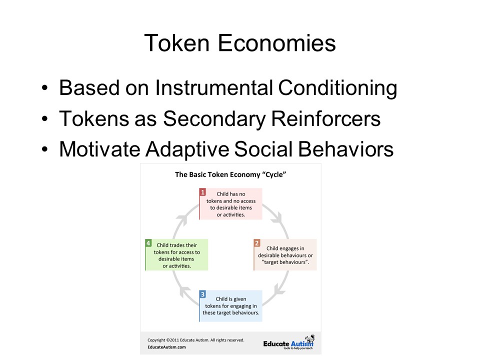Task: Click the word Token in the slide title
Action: (x=176, y=43)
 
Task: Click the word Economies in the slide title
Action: (x=276, y=43)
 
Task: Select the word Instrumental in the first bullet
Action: (x=213, y=88)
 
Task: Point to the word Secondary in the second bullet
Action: (x=214, y=119)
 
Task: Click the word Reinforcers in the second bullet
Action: (x=325, y=118)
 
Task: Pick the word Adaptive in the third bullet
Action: (x=187, y=150)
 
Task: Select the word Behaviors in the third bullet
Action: (x=345, y=149)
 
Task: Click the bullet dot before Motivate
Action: (x=45, y=149)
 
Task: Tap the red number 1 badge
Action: (x=202, y=192)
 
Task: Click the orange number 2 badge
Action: (x=257, y=243)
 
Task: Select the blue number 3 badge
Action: (x=202, y=294)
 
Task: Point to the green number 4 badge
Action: (x=148, y=243)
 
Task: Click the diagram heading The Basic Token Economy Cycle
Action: (x=230, y=174)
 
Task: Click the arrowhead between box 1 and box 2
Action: (x=277, y=217)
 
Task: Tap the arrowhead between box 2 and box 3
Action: (x=279, y=290)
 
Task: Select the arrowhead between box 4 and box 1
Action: (x=182, y=219)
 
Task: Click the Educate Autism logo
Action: (x=288, y=343)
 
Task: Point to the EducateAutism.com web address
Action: (x=166, y=347)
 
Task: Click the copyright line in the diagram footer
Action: (x=196, y=340)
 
